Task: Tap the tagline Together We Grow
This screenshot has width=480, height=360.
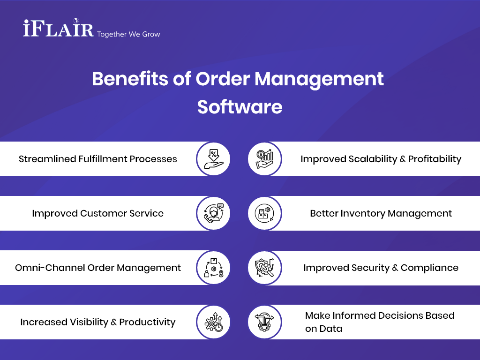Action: pos(128,34)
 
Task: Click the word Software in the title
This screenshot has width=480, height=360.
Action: pos(240,107)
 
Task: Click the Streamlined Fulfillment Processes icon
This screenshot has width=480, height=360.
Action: pos(213,159)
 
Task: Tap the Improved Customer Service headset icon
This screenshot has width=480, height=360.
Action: pos(213,213)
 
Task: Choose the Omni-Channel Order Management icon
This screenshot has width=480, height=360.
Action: pos(213,268)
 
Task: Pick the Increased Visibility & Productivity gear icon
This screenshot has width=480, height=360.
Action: pos(213,322)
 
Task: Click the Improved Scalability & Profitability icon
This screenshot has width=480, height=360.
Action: pos(265,159)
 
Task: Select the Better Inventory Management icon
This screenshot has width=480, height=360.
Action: pos(265,213)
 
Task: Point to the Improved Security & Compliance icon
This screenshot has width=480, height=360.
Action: pos(265,268)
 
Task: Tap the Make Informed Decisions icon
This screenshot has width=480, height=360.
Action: pos(265,322)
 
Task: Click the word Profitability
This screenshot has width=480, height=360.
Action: pos(435,159)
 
